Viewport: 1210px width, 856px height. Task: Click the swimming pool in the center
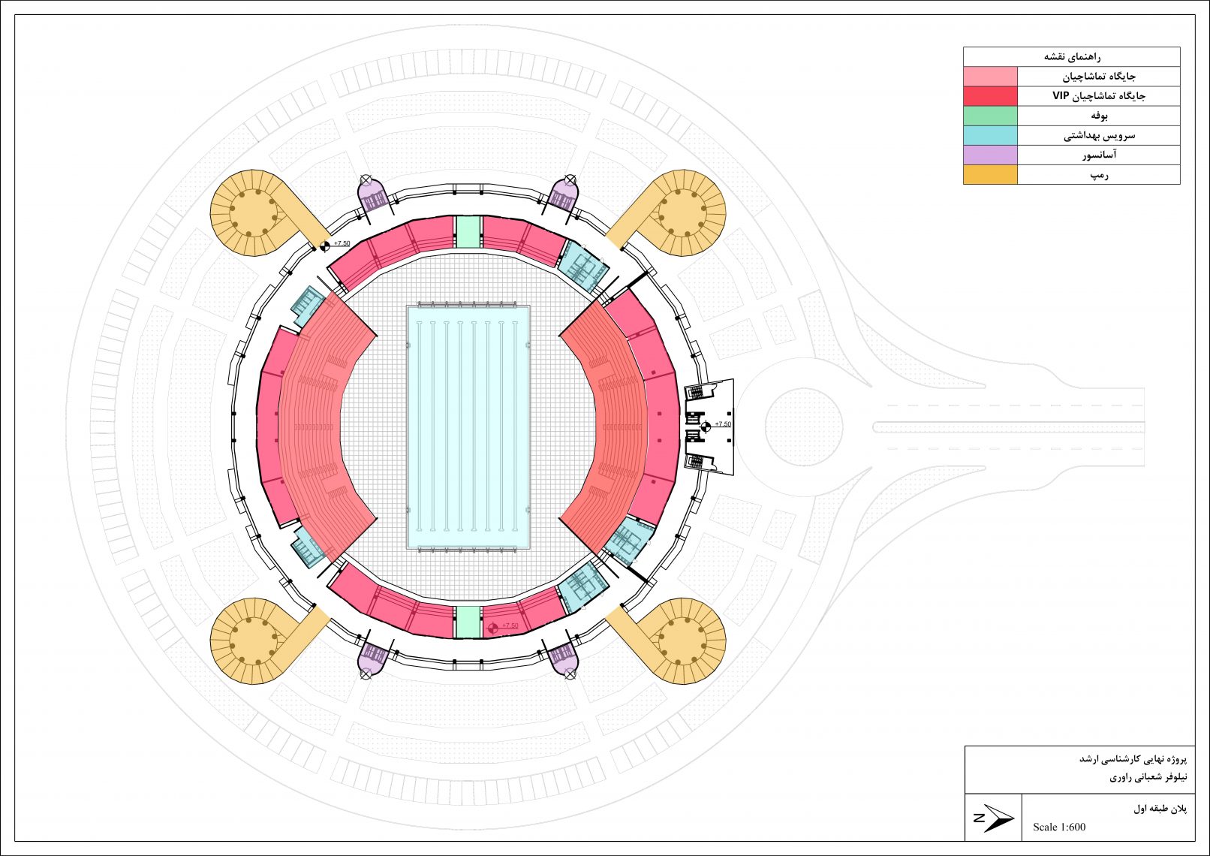(468, 427)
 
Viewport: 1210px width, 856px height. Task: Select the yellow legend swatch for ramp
(990, 174)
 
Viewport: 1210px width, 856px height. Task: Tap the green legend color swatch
(990, 116)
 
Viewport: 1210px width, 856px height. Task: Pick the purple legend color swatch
(990, 155)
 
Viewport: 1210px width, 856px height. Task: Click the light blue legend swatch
(990, 135)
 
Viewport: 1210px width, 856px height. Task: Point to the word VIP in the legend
(1061, 96)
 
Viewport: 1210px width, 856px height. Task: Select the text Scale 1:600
(1058, 827)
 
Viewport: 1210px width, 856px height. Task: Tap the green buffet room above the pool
(468, 232)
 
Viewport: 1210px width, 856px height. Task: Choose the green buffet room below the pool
(468, 622)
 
